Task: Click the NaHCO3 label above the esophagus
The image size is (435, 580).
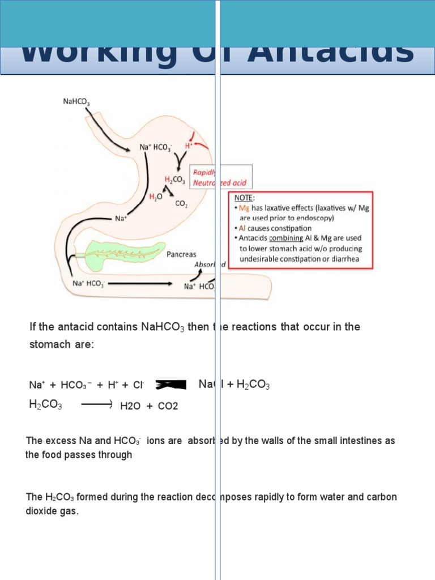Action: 76,102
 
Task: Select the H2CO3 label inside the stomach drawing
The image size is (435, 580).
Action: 175,180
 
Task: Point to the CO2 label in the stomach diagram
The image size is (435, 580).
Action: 182,204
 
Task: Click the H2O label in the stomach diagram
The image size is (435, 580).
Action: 155,197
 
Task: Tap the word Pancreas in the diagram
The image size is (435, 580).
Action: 181,254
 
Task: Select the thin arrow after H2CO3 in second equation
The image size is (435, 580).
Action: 98,404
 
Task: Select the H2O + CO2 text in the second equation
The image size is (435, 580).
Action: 149,406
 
